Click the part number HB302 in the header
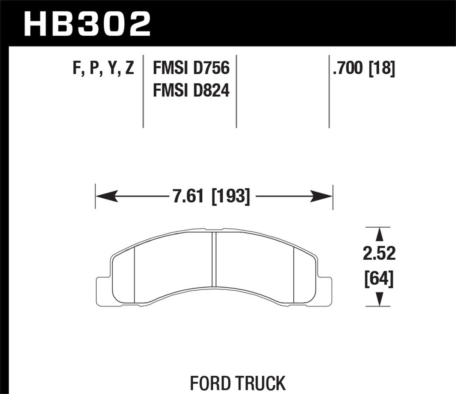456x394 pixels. pos(87,23)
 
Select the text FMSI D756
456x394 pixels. pos(191,69)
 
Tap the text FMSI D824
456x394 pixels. pos(191,91)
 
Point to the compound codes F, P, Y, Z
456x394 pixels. pos(103,69)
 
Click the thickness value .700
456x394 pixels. pos(348,69)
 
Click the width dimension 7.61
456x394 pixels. pos(187,196)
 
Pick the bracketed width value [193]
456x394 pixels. pos(231,196)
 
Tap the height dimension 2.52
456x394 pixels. pos(379,254)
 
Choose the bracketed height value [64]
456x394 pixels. pos(379,279)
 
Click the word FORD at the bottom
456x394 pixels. pos(211,383)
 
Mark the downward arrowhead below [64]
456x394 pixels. pos(379,299)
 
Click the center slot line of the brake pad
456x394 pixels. pos(214,259)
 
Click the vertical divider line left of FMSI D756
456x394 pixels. pos(143,90)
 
